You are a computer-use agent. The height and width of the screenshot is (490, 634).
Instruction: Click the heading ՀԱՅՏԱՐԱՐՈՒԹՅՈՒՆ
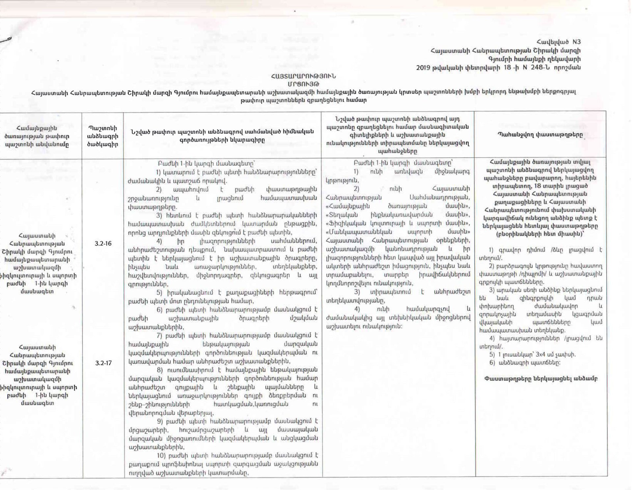[303, 76]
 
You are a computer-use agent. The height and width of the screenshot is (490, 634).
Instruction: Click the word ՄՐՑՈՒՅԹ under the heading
[303, 83]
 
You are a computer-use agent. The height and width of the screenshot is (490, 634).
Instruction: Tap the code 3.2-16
[103, 244]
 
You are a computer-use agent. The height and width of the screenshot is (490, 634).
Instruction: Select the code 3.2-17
[103, 363]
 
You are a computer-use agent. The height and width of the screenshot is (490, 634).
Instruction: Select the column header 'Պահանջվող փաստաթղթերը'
[540, 135]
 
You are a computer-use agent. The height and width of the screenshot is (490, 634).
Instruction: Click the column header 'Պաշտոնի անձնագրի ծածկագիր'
[103, 136]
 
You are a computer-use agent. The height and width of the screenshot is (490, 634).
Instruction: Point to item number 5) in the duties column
[159, 292]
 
